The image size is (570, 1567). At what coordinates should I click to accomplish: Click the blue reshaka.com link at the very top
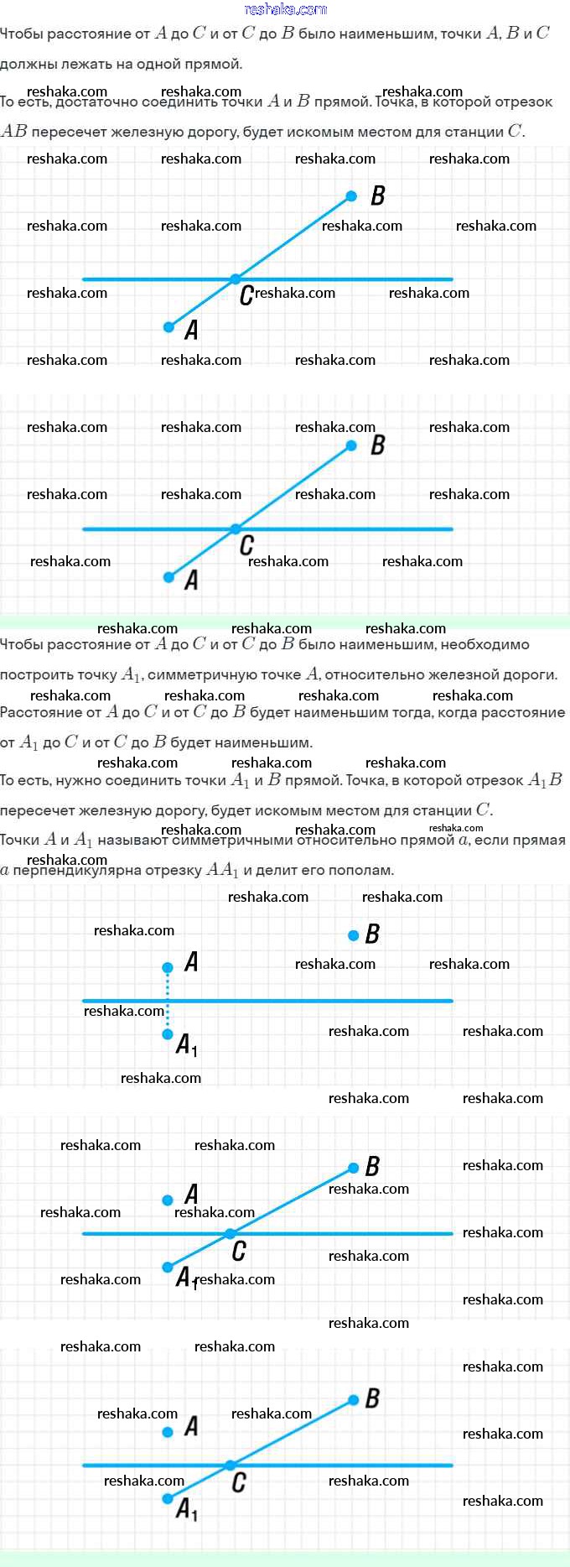(x=285, y=9)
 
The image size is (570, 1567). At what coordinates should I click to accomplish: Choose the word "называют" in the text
(x=132, y=841)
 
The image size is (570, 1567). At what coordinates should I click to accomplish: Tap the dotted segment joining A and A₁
(x=168, y=1001)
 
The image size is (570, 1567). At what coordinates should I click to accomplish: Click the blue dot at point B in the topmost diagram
(x=352, y=197)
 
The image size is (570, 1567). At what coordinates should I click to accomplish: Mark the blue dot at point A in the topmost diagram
(x=168, y=326)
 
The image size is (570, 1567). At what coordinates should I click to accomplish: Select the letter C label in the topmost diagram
(x=246, y=295)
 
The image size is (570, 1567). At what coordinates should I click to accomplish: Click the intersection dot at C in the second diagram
(x=236, y=528)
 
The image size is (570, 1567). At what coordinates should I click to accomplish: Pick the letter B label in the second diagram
(x=377, y=445)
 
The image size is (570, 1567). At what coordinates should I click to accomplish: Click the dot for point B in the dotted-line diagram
(x=353, y=935)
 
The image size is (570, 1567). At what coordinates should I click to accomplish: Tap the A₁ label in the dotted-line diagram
(x=187, y=1045)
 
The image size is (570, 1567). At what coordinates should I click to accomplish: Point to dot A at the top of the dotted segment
(x=168, y=967)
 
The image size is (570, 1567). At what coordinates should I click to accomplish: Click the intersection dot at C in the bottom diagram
(x=230, y=1465)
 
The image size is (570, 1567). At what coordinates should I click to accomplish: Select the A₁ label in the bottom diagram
(x=187, y=1509)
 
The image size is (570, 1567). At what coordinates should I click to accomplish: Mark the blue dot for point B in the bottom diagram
(x=353, y=1399)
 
